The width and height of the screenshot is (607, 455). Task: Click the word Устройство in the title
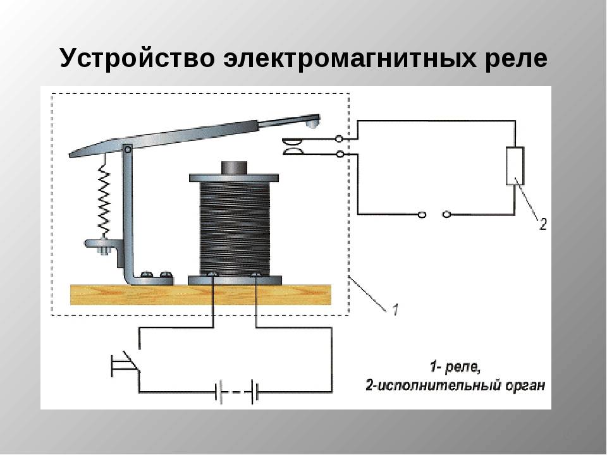pyautogui.click(x=137, y=59)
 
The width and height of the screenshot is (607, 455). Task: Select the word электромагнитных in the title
pyautogui.click(x=350, y=58)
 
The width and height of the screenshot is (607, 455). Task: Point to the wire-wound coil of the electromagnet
pyautogui.click(x=235, y=228)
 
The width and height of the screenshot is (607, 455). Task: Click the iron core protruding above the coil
pyautogui.click(x=234, y=168)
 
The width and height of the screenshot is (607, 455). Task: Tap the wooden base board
pyautogui.click(x=200, y=295)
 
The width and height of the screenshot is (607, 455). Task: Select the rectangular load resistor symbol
pyautogui.click(x=515, y=166)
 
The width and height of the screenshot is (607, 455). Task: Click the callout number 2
pyautogui.click(x=543, y=224)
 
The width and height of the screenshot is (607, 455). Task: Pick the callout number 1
pyautogui.click(x=395, y=310)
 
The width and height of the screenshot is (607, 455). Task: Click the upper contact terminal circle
pyautogui.click(x=339, y=138)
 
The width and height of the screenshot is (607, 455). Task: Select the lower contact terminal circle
pyautogui.click(x=340, y=154)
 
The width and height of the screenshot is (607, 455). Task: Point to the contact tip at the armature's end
pyautogui.click(x=311, y=124)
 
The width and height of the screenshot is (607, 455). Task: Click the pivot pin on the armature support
pyautogui.click(x=127, y=149)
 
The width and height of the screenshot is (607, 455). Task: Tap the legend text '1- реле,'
pyautogui.click(x=455, y=367)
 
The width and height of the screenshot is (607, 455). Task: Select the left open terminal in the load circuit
pyautogui.click(x=422, y=214)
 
